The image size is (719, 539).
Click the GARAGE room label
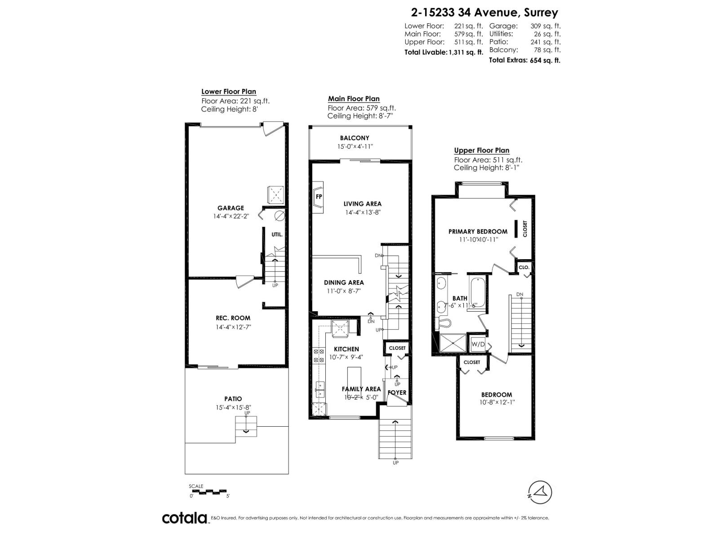pyautogui.click(x=231, y=208)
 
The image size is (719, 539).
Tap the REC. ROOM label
pyautogui.click(x=233, y=318)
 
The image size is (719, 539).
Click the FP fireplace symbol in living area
pyautogui.click(x=318, y=196)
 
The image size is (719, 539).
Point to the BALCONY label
pyautogui.click(x=355, y=138)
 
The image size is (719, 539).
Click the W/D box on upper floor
pyautogui.click(x=478, y=345)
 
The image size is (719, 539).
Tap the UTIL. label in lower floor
pyautogui.click(x=277, y=234)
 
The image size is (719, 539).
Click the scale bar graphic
pyautogui.click(x=210, y=491)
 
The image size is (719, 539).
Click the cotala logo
pyautogui.click(x=185, y=518)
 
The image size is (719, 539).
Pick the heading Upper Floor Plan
pyautogui.click(x=481, y=150)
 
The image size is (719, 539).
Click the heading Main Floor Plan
pyautogui.click(x=354, y=99)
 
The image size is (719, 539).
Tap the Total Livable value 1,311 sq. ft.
pyautogui.click(x=466, y=52)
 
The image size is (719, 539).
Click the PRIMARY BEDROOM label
pyautogui.click(x=478, y=231)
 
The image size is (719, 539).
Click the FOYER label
pyautogui.click(x=397, y=393)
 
